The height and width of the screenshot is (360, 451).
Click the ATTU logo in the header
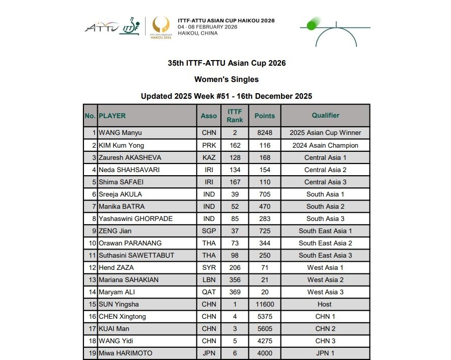(x=101, y=26)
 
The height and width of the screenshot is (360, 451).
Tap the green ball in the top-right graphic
(x=312, y=25)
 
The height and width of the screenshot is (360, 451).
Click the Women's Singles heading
(x=227, y=79)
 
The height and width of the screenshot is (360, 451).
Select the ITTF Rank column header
(x=235, y=116)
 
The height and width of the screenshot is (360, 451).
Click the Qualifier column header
(x=325, y=116)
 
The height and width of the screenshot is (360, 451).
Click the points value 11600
(x=265, y=304)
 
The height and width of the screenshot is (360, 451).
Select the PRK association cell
(x=209, y=145)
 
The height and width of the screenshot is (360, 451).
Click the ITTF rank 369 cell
(x=235, y=292)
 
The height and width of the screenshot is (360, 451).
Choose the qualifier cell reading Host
(x=325, y=304)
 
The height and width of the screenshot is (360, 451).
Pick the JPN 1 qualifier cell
(x=325, y=353)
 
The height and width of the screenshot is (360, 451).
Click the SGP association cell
(x=209, y=231)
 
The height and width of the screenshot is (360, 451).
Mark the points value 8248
(x=265, y=133)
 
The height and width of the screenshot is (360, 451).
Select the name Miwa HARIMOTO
(x=125, y=353)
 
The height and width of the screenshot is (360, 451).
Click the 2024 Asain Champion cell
(x=325, y=145)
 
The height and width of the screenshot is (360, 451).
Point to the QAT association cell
(x=209, y=292)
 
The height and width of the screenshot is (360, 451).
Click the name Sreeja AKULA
(x=120, y=195)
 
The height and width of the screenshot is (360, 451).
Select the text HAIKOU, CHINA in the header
(x=198, y=33)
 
